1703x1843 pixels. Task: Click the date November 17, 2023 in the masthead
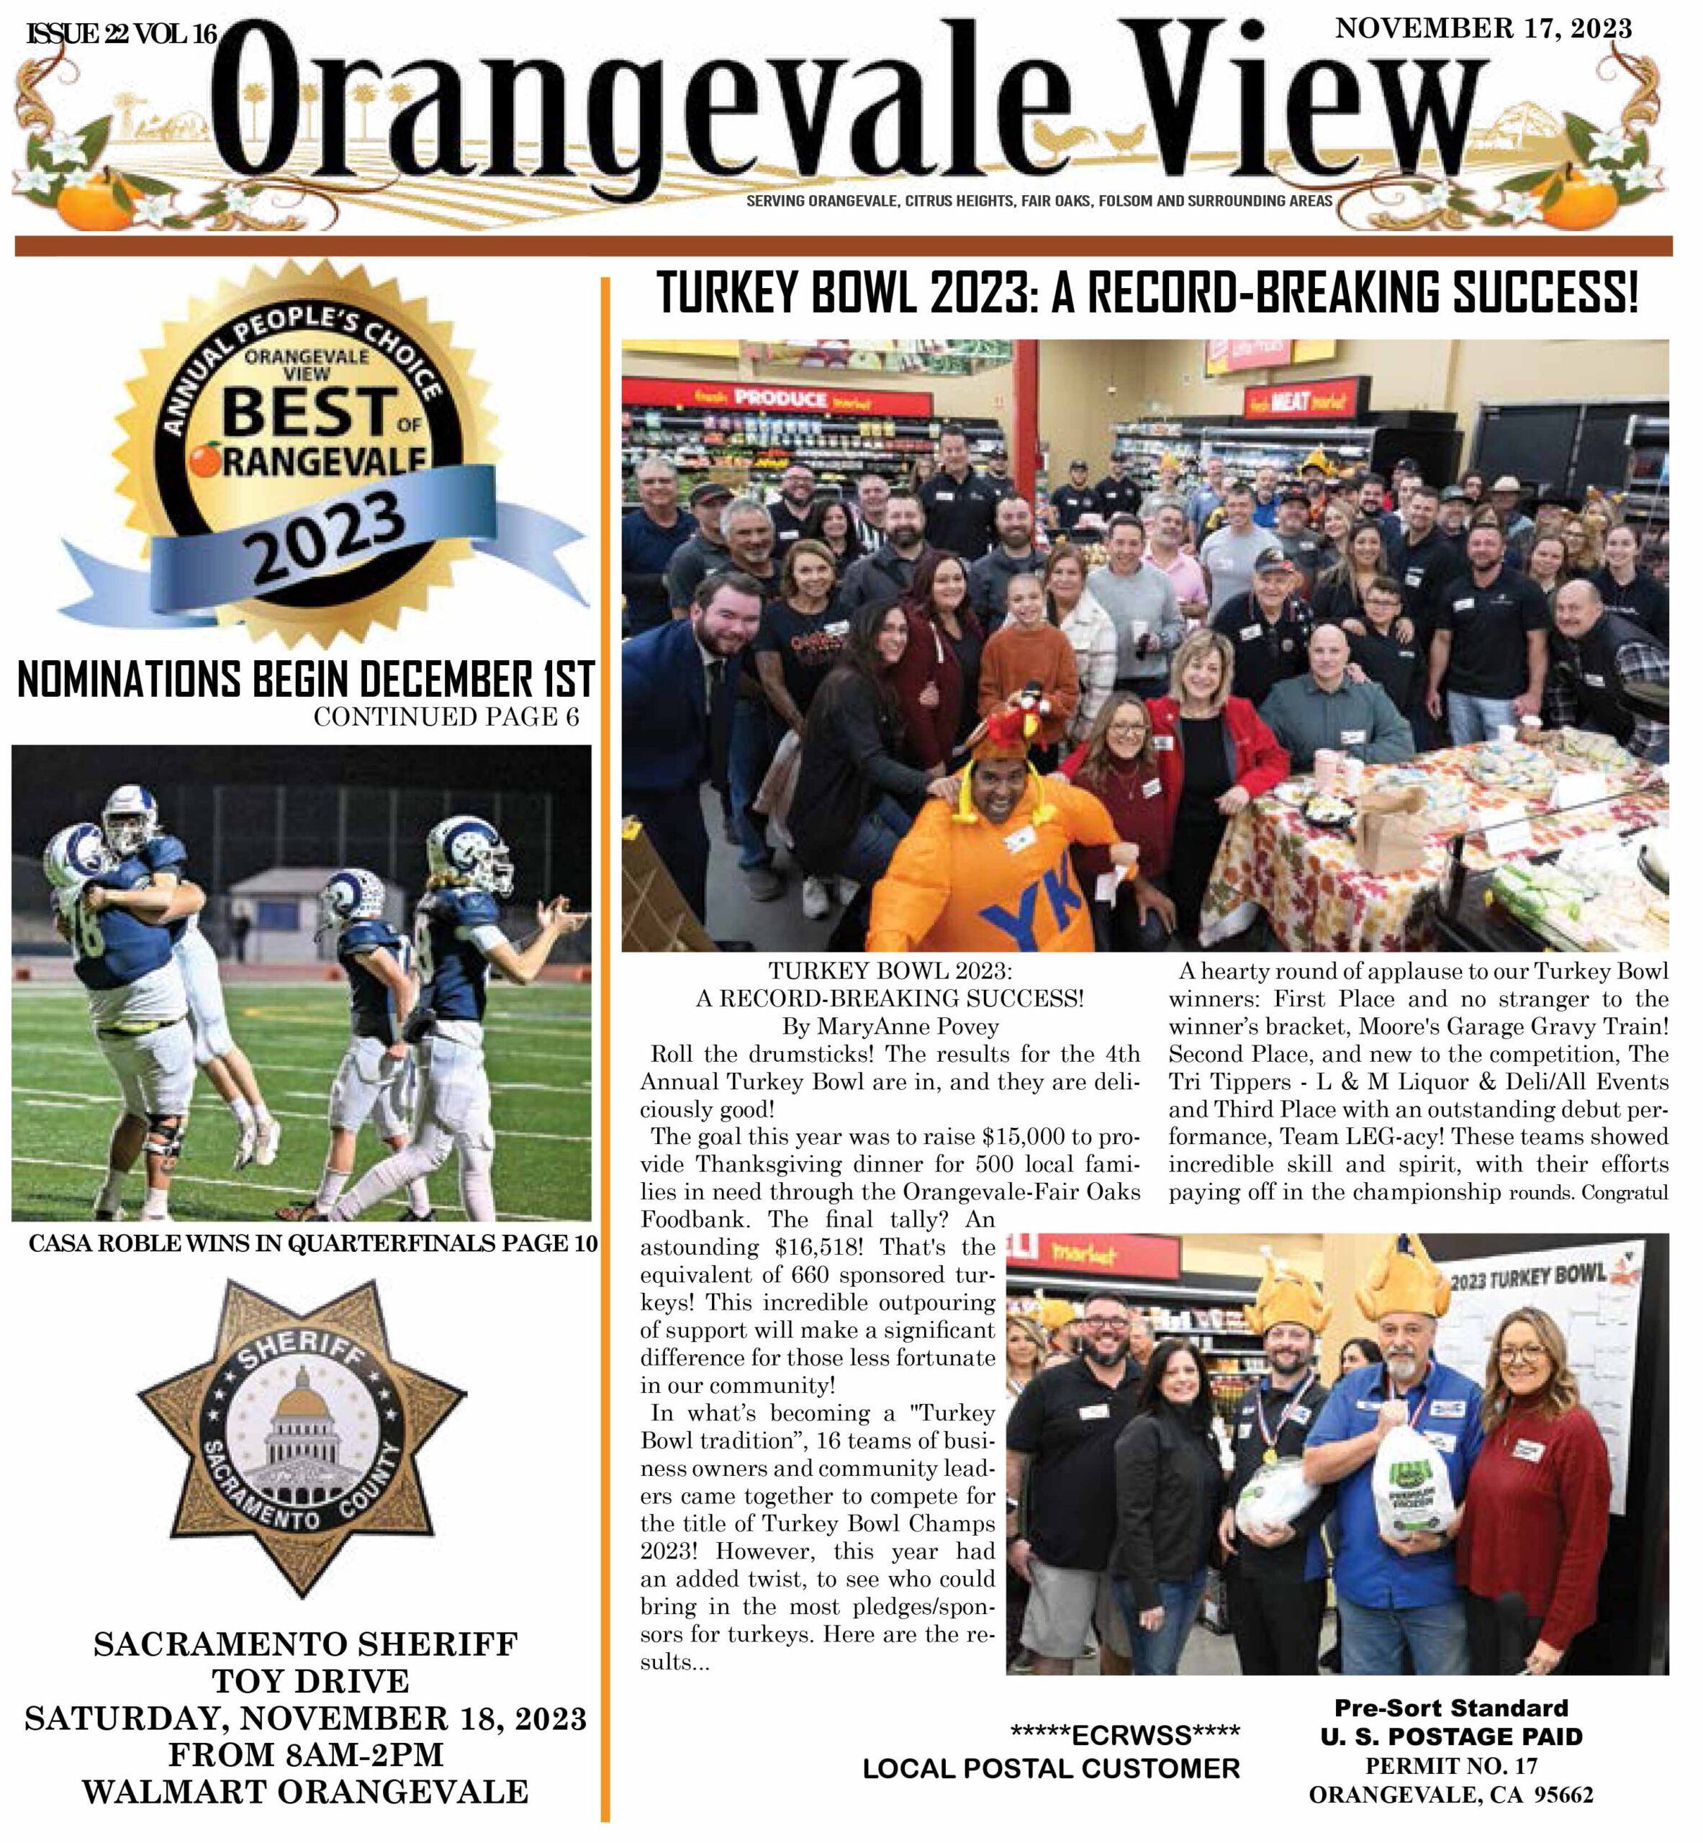pos(1483,29)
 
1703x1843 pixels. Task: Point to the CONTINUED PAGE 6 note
pos(446,717)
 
